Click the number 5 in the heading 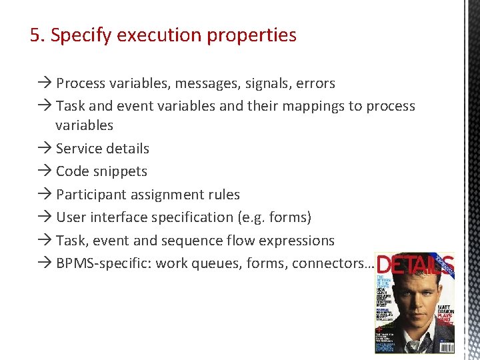tap(35, 35)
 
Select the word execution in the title tap(149, 35)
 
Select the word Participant tap(89, 195)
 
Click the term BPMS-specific tap(104, 263)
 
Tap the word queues tap(217, 263)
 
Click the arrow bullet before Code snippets tap(45, 171)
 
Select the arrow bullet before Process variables tap(45, 83)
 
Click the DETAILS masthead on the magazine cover tap(413, 265)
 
